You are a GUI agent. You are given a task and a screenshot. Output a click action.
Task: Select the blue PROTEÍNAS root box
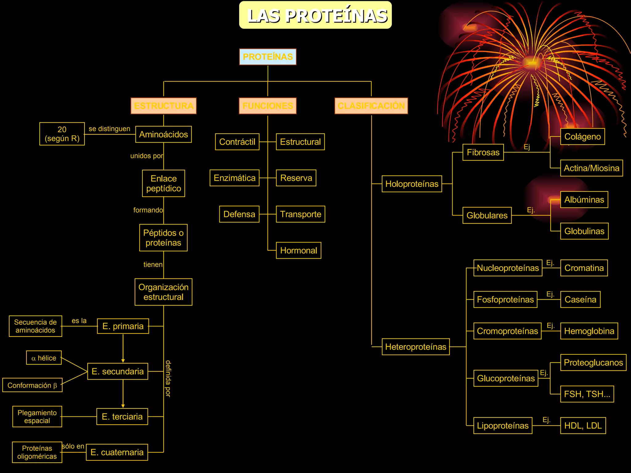pos(268,57)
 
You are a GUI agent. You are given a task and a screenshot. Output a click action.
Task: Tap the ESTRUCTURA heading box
pos(164,106)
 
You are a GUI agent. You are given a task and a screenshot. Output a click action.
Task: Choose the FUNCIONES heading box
pos(268,106)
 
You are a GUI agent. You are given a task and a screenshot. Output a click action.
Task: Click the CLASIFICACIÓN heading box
pos(371,106)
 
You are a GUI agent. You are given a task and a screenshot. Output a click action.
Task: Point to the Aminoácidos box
pos(164,134)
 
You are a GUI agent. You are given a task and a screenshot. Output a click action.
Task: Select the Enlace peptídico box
pos(164,183)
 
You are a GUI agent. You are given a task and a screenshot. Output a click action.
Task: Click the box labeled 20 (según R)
pos(62,134)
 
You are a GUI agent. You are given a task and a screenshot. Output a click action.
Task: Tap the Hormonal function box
pos(299,250)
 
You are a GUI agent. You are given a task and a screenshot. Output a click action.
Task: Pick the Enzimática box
pos(234,178)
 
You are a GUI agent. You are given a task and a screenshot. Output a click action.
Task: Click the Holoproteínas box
pos(412,184)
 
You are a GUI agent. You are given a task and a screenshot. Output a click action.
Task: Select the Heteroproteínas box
pos(416,347)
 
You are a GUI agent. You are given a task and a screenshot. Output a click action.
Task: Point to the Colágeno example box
pos(582,136)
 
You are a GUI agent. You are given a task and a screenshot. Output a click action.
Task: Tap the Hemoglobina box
pos(589,331)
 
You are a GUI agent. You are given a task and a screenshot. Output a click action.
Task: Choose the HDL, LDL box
pos(583,426)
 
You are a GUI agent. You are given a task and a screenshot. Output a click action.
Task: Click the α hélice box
pos(44,358)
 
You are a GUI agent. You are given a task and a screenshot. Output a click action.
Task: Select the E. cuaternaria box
pos(117,452)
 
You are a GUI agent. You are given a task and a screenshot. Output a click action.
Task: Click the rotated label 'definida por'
pos(168,378)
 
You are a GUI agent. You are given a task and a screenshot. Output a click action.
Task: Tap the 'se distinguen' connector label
pos(109,129)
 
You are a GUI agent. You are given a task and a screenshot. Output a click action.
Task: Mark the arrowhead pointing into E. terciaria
pos(123,406)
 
